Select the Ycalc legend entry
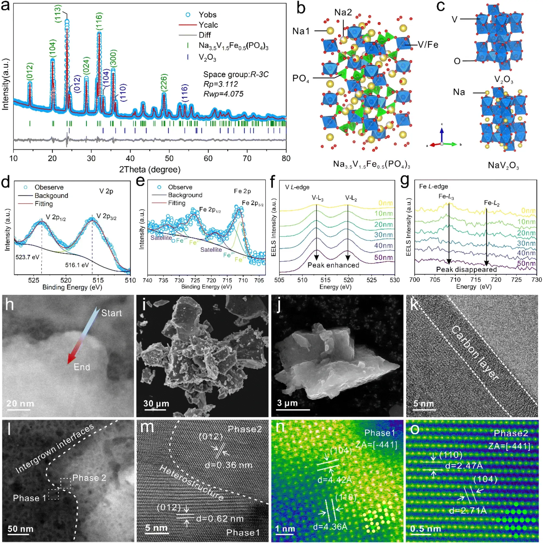pos(208,25)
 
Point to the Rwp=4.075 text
pos(223,94)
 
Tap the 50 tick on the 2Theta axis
pos(169,159)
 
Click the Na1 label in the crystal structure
pos(301,31)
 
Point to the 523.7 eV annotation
pos(27,257)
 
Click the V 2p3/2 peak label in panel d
pos(106,216)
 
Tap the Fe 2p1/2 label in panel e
pos(210,210)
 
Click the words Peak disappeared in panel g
pos(466,270)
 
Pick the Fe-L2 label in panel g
pos(492,203)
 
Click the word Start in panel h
pos(112,313)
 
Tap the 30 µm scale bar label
pos(156,404)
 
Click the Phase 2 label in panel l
pos(89,478)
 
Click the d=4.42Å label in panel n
pos(334,480)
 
